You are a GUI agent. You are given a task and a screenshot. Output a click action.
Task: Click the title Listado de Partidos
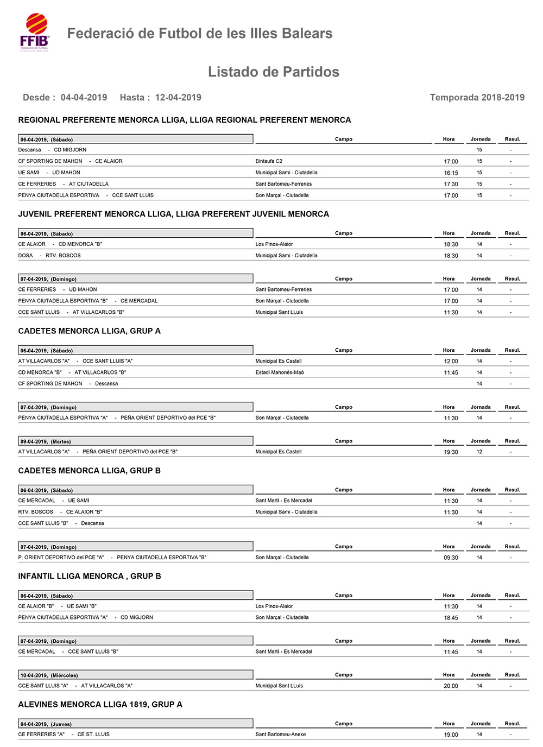coord(273,72)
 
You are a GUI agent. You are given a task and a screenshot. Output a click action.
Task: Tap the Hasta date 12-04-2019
coord(178,98)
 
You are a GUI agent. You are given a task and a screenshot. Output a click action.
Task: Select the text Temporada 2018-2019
coord(477,98)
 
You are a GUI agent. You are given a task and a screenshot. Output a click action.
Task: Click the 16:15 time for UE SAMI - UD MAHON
coord(451,173)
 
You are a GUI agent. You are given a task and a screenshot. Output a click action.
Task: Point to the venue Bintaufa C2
coord(269,161)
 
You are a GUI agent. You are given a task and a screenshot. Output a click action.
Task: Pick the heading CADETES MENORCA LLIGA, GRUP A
coord(89,331)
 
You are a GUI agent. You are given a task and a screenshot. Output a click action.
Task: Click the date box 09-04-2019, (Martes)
coord(135,441)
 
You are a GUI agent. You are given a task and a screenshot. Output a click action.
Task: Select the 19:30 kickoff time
coord(451,452)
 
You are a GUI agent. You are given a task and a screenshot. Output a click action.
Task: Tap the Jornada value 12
coord(479,452)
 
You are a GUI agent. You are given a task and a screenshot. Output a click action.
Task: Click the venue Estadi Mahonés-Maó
coord(280,372)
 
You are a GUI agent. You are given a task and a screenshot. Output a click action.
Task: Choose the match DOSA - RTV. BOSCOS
coord(49,256)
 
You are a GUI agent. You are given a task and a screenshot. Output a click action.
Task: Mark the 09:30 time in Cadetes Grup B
coord(451,558)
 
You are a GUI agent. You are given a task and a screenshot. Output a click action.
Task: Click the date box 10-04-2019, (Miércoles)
coord(135,675)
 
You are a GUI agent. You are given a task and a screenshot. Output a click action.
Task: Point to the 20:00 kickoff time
coord(451,686)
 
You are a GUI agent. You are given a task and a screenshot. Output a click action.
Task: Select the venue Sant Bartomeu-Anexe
coord(280,735)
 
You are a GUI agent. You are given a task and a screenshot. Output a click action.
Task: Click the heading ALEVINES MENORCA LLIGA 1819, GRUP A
coord(100,705)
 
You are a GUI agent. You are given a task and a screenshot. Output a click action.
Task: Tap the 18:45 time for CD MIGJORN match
coord(451,618)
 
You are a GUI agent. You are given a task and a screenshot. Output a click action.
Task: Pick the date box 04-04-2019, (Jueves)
coord(135,724)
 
